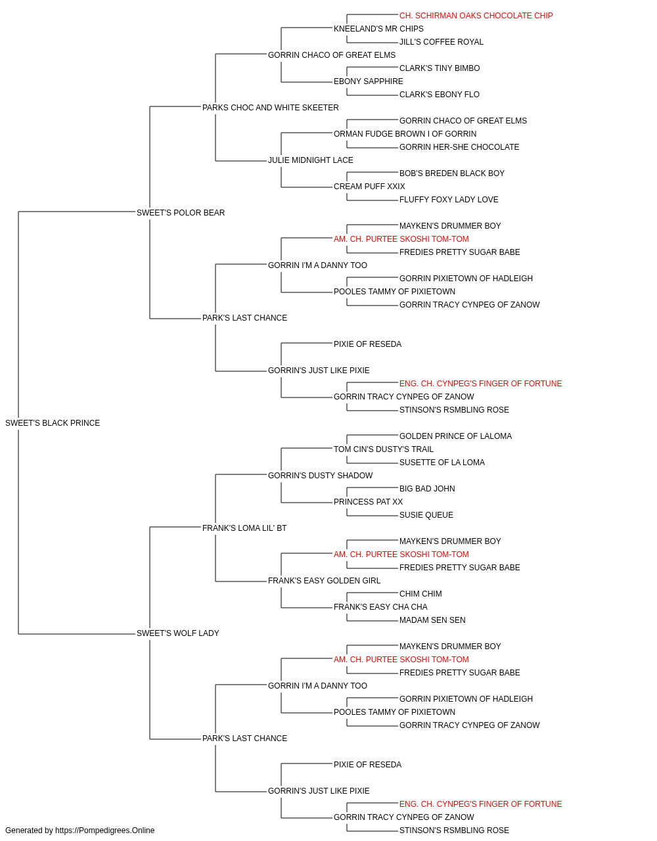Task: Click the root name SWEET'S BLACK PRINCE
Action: click(53, 423)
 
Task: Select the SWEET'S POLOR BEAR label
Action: click(181, 212)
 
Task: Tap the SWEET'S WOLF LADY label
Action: click(178, 633)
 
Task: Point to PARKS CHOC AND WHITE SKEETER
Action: click(271, 108)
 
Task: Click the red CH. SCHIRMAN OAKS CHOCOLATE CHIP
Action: click(476, 16)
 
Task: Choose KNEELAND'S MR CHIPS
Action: click(378, 29)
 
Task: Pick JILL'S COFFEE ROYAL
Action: click(442, 42)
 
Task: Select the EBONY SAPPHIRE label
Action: click(369, 81)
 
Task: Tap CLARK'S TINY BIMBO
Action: click(440, 68)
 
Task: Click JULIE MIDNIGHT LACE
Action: click(311, 160)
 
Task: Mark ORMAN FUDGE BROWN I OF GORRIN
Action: click(405, 134)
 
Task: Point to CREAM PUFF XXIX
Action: click(369, 187)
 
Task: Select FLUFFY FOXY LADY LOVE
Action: click(449, 200)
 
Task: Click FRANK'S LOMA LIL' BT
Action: click(244, 528)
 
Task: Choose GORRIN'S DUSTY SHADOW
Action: click(321, 475)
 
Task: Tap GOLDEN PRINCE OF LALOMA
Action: click(455, 436)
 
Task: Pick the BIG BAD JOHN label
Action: click(427, 488)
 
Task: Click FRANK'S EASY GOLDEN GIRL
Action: click(325, 581)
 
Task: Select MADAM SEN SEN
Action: click(432, 620)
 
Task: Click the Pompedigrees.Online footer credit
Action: click(79, 830)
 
